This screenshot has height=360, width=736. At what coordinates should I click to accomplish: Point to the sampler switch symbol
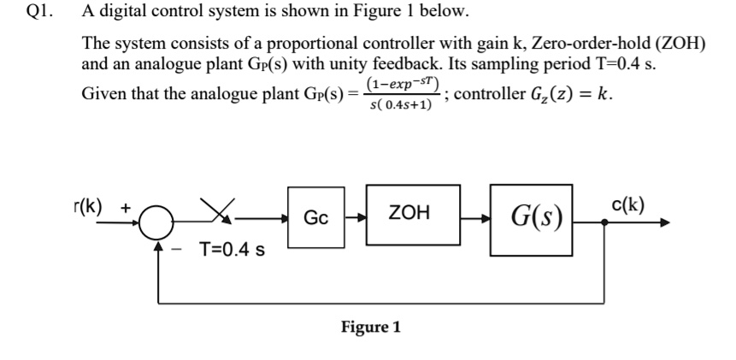pos(217,210)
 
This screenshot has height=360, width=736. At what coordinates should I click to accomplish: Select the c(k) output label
pos(628,204)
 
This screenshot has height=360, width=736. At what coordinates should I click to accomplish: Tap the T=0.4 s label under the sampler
pos(232,249)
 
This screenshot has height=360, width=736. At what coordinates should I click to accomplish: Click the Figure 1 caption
pos(371,327)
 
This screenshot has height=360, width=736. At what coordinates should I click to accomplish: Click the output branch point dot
pos(604,222)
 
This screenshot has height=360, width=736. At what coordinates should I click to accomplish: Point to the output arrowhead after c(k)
pos(665,222)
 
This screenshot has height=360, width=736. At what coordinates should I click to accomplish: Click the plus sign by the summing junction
pos(127,207)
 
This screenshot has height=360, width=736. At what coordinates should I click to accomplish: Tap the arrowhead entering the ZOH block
pos(361,218)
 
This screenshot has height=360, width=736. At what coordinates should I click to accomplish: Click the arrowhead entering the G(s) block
pos(485,218)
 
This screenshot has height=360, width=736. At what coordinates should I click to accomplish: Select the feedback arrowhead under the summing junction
pos(158,245)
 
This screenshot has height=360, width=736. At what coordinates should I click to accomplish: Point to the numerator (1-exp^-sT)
pos(403,84)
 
